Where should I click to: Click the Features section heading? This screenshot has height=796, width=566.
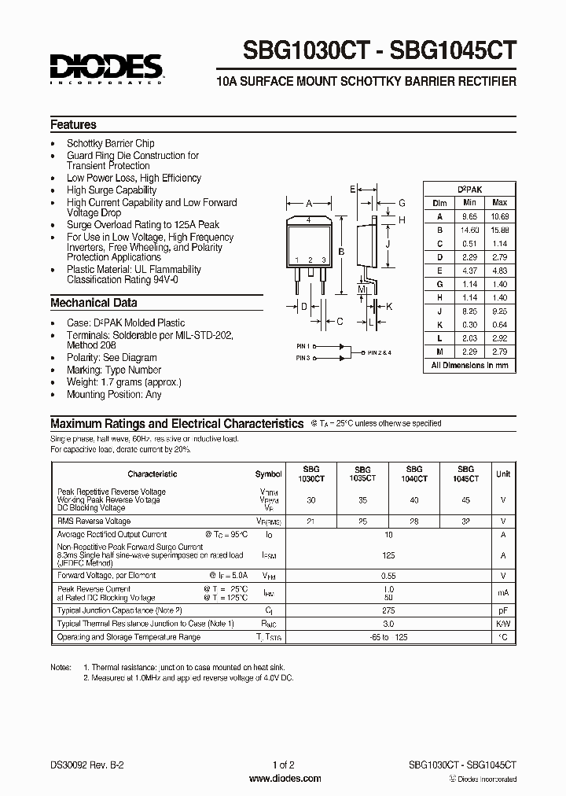[x=73, y=124]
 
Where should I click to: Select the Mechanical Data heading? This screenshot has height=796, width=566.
[x=94, y=303]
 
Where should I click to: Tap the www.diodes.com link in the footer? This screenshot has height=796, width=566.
[x=284, y=779]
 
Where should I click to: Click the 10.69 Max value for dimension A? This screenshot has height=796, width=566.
[x=499, y=216]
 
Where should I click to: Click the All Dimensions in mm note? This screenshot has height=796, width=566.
[x=469, y=365]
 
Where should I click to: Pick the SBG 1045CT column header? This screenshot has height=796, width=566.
[x=466, y=474]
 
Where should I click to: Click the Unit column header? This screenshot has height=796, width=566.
[x=502, y=474]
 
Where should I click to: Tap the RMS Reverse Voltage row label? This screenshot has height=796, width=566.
[x=94, y=521]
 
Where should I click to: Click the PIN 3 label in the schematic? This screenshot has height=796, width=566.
[x=303, y=358]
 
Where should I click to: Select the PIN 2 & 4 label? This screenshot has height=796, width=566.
[x=380, y=352]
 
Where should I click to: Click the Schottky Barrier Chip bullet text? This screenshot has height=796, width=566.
[x=110, y=143]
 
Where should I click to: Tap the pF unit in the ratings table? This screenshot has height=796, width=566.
[x=502, y=610]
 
